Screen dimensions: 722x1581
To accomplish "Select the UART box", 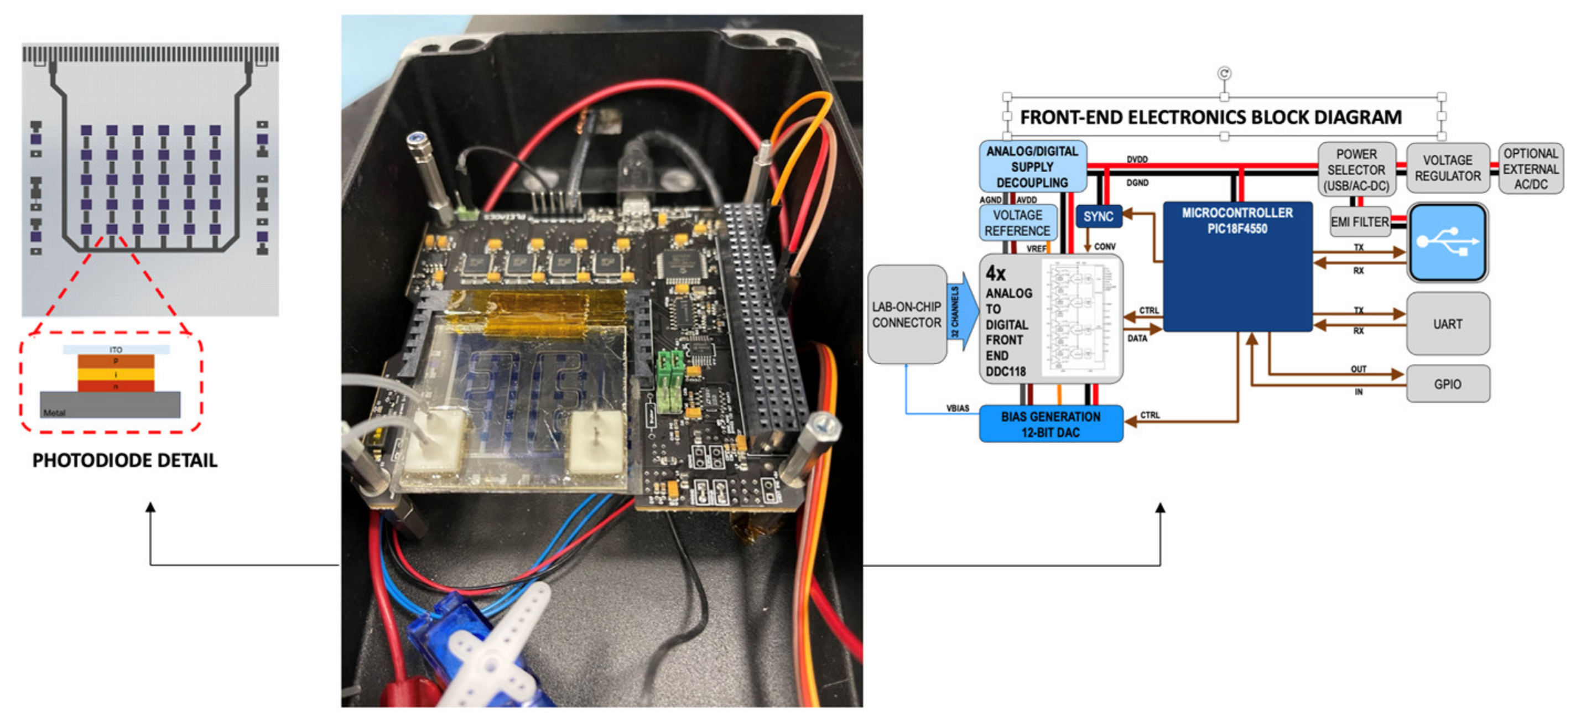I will coord(1447,324).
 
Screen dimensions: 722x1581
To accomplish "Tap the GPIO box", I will coord(1447,384).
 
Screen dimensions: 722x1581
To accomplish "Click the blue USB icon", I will coord(1447,242).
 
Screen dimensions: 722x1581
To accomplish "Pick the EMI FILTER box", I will coord(1359,222).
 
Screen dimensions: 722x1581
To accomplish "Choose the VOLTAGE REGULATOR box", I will coord(1447,168).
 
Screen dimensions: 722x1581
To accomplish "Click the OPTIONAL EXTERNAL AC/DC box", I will coord(1530,168).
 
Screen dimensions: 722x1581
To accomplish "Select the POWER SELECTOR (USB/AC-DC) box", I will coord(1356,169).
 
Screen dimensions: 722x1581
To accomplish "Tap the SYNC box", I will coord(1098,217).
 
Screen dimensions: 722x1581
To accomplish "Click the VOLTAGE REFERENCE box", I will coord(1017,223).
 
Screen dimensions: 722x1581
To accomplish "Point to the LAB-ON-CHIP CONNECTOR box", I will coord(907,314).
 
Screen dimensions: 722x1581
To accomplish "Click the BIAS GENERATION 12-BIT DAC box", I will coord(1050,424).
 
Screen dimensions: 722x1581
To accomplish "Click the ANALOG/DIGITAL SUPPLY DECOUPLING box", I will coord(1032,167).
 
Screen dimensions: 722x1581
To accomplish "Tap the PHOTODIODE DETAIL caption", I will coord(124,460).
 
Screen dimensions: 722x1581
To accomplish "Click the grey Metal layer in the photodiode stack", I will coord(111,405).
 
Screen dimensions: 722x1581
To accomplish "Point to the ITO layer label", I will coord(116,349).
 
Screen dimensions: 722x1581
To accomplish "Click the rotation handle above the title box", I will coord(1224,73).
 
